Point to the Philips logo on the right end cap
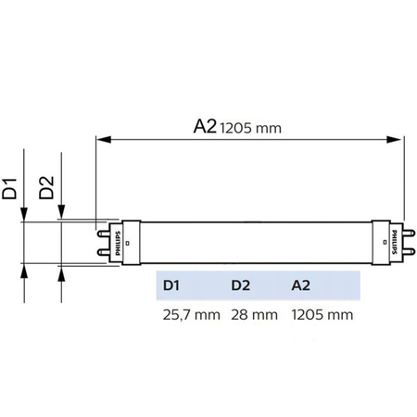[x=392, y=244]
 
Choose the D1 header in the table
[x=171, y=284]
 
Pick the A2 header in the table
[x=301, y=284]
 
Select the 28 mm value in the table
[x=253, y=314]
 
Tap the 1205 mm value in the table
[x=322, y=314]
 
